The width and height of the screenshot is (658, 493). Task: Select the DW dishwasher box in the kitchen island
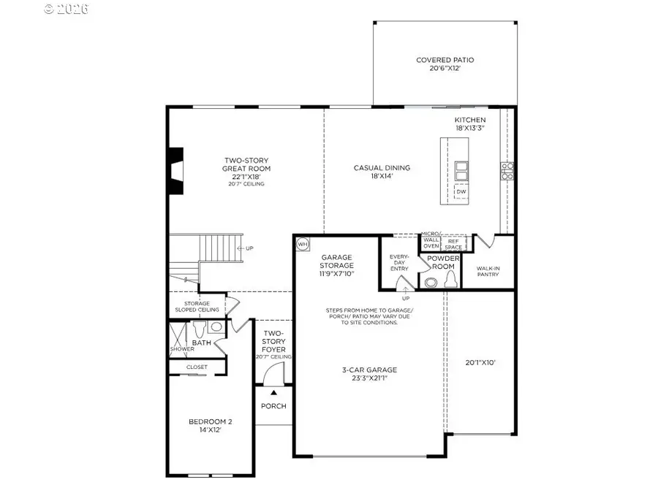pyautogui.click(x=461, y=192)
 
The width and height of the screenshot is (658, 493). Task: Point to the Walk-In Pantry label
pyautogui.click(x=488, y=272)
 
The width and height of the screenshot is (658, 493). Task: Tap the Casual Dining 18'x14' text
pyautogui.click(x=382, y=172)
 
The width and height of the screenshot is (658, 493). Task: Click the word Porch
pyautogui.click(x=273, y=406)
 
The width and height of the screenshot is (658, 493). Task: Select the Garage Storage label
pyautogui.click(x=337, y=266)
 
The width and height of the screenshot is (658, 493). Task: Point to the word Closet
pyautogui.click(x=197, y=367)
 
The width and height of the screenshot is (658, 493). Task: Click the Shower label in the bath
pyautogui.click(x=183, y=349)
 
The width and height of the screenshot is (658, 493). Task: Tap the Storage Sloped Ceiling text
pyautogui.click(x=197, y=307)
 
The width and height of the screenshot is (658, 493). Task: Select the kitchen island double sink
pyautogui.click(x=461, y=170)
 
